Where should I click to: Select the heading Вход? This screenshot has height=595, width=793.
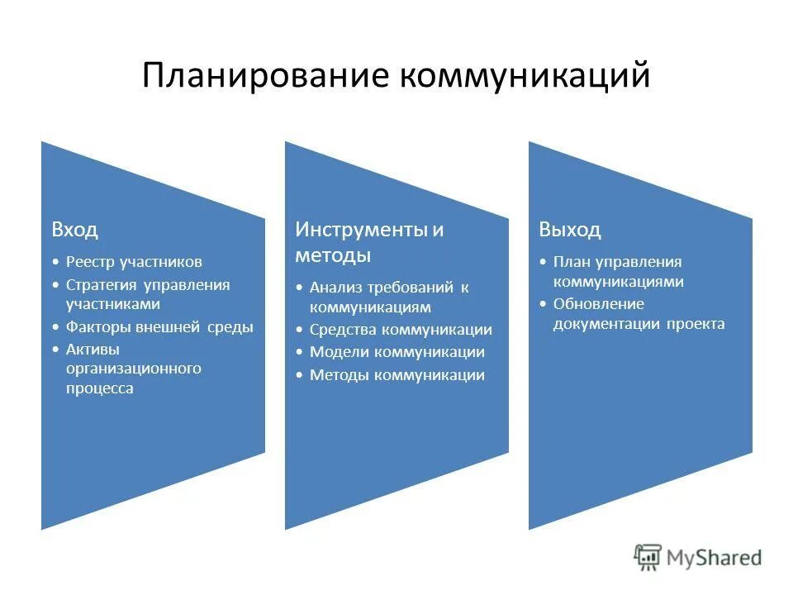coord(74,230)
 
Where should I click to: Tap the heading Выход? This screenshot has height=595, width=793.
coord(570,230)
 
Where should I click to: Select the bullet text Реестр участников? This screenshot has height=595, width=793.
coord(134,262)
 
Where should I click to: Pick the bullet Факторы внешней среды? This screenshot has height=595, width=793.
coord(159,327)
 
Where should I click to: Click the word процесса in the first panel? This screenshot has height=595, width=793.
coord(99,388)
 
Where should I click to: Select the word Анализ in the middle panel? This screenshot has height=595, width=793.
coord(336,288)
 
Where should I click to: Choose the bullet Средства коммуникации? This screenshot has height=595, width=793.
coord(401,330)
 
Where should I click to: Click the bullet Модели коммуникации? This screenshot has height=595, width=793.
coord(397,352)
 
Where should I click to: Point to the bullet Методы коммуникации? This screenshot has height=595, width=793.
coord(397,375)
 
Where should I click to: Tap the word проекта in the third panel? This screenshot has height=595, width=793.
coord(697,324)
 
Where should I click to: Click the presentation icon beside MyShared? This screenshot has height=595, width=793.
coord(648,558)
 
